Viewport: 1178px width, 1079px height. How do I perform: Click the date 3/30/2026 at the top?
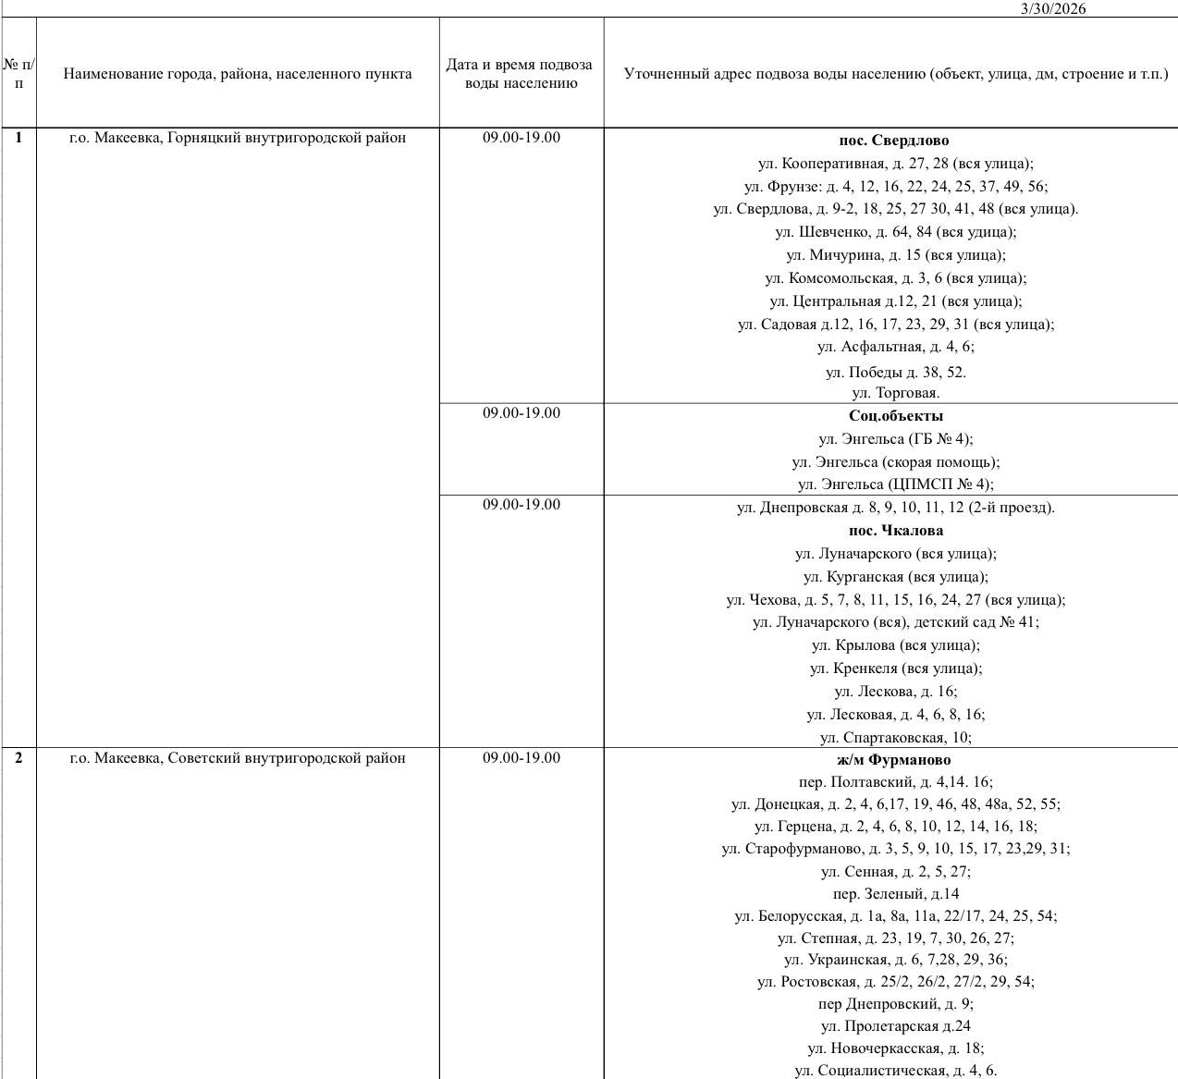pos(1053,8)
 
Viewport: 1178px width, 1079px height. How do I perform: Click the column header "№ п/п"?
pos(19,73)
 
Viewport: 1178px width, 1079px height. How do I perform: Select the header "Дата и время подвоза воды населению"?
pos(520,73)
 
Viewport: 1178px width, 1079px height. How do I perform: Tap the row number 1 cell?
pos(19,138)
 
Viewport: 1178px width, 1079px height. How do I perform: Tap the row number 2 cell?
pos(19,758)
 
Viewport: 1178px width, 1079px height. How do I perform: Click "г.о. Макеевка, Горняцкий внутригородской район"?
pos(238,138)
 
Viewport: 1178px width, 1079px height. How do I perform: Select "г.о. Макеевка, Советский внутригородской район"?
pos(238,758)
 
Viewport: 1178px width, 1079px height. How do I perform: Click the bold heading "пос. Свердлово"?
pos(894,141)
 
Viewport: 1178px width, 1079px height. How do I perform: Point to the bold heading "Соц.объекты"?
pos(895,416)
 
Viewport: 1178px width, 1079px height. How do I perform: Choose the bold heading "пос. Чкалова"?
pos(895,531)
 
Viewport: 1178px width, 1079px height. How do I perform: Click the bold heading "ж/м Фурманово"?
pos(894,760)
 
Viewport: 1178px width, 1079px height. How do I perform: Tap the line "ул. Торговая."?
pos(895,393)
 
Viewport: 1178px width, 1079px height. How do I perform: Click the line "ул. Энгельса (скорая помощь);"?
pos(895,461)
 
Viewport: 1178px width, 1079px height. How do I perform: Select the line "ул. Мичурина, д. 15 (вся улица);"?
pos(895,255)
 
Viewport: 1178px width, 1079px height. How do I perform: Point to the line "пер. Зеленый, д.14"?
pos(895,894)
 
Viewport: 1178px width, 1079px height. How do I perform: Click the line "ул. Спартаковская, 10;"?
pos(895,738)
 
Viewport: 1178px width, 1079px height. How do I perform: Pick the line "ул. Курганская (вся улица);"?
pos(895,577)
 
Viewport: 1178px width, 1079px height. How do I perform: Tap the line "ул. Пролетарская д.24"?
pos(895,1026)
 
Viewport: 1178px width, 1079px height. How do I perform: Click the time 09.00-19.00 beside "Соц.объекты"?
pos(521,412)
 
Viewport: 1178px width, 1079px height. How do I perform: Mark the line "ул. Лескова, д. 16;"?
pos(895,692)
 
